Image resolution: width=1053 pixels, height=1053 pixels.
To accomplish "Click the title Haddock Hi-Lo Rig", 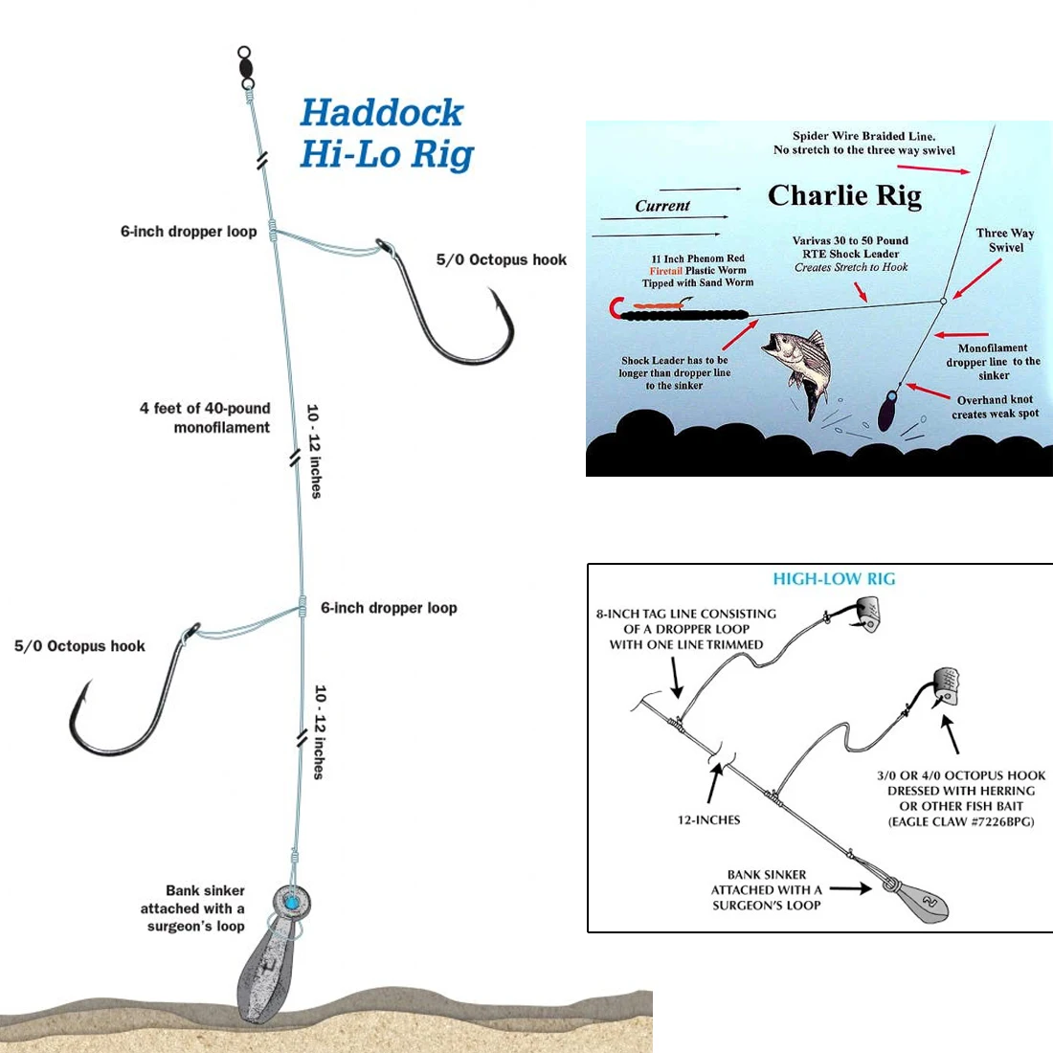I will [386, 133].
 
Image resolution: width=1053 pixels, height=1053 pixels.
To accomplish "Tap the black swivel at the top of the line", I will [246, 68].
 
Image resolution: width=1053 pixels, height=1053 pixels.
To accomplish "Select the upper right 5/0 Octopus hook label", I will [501, 259].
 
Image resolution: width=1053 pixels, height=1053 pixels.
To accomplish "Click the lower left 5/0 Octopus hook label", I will [79, 646].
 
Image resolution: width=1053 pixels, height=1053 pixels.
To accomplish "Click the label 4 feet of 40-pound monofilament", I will [206, 417].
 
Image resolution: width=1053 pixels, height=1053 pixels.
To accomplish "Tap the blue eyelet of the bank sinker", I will [289, 901].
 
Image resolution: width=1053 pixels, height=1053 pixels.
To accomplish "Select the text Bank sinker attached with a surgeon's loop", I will [193, 908].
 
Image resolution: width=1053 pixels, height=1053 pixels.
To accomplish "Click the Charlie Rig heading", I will [844, 195].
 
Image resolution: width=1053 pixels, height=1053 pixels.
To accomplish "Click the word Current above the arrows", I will [661, 206].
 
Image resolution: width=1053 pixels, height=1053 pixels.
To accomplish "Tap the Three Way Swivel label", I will [1005, 240].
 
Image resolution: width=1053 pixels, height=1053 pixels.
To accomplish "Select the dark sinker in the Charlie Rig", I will [887, 413].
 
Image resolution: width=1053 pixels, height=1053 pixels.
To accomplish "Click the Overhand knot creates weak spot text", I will [995, 407].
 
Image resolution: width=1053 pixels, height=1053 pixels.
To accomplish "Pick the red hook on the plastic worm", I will [616, 309].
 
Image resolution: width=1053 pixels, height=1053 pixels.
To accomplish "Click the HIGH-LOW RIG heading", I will [834, 579].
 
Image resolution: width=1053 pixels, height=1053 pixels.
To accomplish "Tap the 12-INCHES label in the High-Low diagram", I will [708, 820].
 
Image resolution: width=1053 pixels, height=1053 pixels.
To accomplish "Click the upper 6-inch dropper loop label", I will [189, 231].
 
